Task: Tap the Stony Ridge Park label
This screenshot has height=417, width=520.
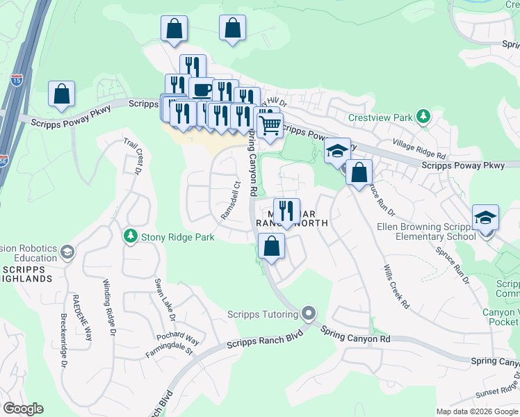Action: pos(177,237)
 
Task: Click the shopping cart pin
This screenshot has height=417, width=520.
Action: pos(270,126)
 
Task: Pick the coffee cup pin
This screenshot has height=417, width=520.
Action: pos(202,90)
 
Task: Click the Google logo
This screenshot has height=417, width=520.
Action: pos(23,409)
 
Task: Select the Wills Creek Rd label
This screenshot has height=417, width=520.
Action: pos(397,287)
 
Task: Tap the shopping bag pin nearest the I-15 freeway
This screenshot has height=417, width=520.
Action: pos(61,94)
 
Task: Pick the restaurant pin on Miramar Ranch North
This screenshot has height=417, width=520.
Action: pos(286,209)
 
